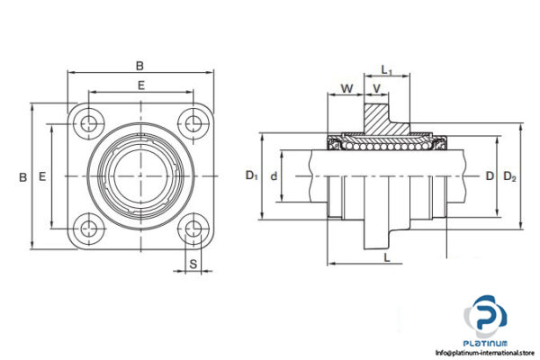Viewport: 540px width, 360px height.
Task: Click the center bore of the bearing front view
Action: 140,175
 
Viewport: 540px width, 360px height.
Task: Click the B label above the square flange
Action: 139,65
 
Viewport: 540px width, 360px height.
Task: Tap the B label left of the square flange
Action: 22,177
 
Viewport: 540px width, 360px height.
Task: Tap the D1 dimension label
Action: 251,175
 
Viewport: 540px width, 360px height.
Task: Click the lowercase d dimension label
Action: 274,175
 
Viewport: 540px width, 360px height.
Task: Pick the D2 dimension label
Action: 509,175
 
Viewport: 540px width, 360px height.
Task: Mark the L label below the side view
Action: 386,258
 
